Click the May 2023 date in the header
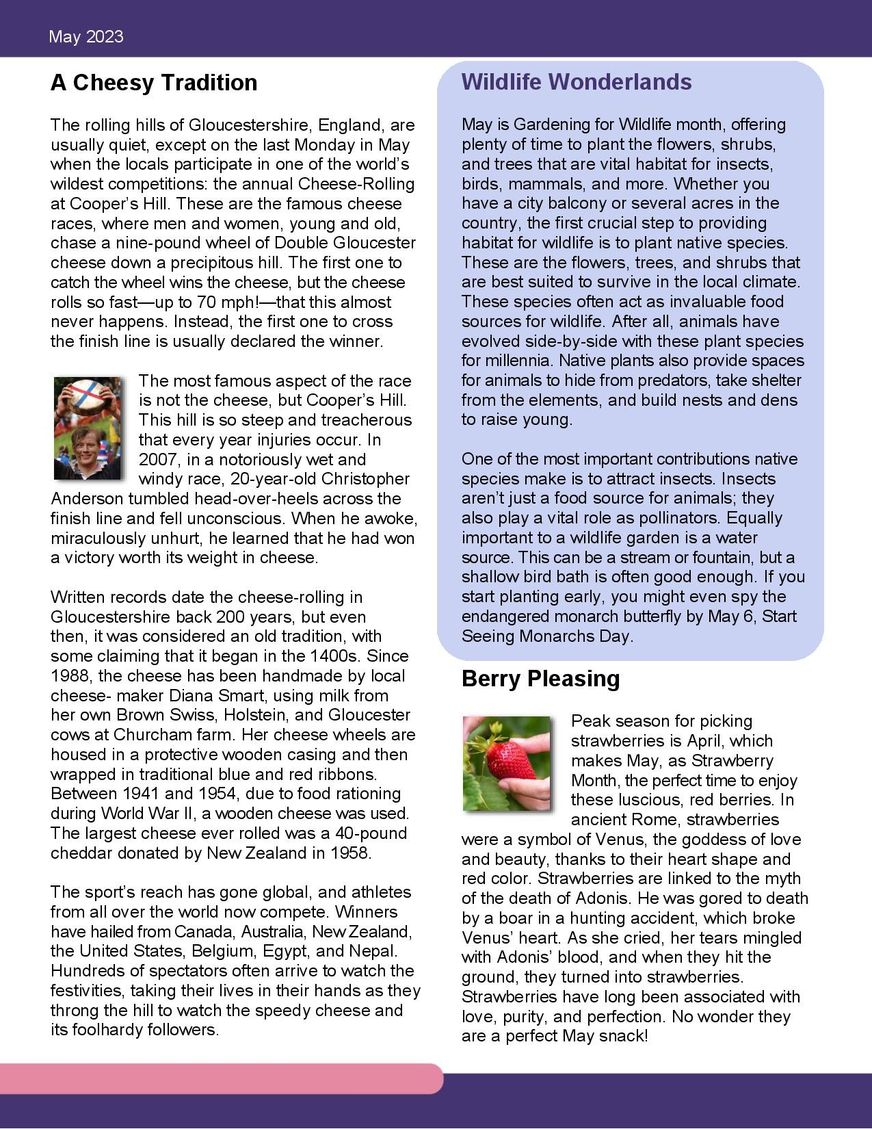(86, 37)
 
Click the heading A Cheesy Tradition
(154, 83)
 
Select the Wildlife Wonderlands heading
(577, 82)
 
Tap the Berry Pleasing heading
(540, 679)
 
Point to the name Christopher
(365, 479)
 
